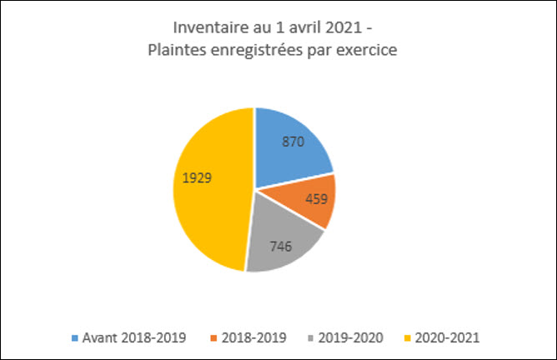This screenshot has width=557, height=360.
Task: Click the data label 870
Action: (293, 142)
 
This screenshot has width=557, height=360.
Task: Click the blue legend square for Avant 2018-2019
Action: (76, 337)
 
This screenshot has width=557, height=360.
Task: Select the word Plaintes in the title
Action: (172, 50)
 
